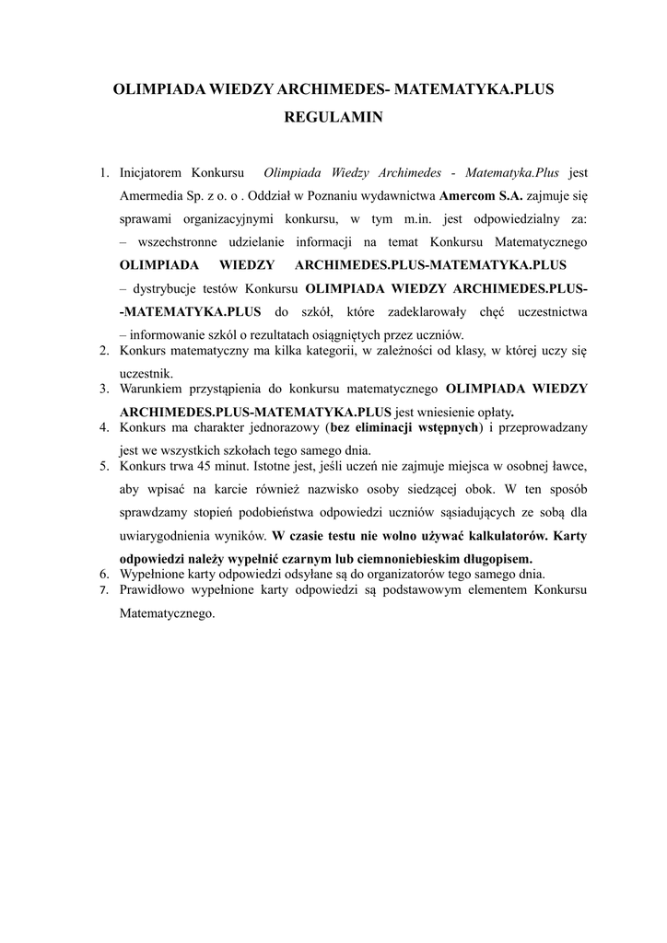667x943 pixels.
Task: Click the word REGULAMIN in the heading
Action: (x=333, y=118)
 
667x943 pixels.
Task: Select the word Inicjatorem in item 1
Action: (x=152, y=172)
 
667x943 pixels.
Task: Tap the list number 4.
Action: (x=105, y=427)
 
